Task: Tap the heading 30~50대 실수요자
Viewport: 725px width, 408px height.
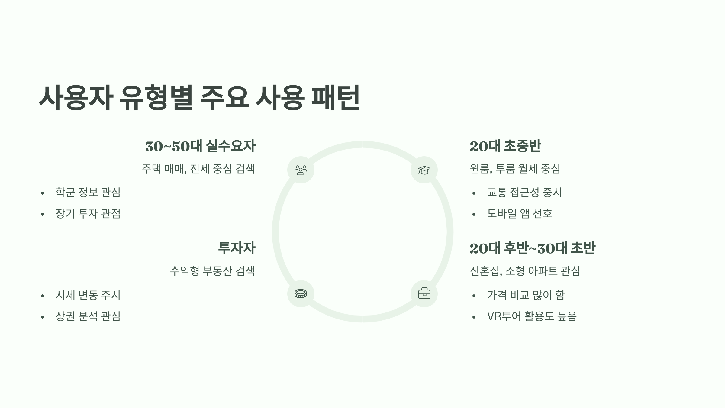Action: click(200, 146)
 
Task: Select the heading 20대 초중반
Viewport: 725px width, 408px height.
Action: click(505, 146)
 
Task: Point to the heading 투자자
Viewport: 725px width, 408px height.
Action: click(237, 248)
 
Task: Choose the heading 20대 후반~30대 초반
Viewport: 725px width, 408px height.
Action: click(532, 248)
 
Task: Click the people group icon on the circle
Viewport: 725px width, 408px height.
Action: click(301, 170)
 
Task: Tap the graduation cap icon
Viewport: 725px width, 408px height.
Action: click(424, 170)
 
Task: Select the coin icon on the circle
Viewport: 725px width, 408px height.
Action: click(301, 293)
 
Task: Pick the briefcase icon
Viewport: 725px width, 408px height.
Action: click(424, 293)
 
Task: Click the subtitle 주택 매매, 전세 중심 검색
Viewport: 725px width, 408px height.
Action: click(198, 169)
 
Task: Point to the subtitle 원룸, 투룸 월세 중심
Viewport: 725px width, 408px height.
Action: click(515, 169)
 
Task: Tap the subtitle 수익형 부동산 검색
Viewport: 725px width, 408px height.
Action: click(212, 271)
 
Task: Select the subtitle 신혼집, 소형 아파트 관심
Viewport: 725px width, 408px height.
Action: click(525, 271)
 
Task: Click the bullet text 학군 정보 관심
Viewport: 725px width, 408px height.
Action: click(88, 193)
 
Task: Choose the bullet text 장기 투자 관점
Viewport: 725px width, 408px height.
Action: click(88, 214)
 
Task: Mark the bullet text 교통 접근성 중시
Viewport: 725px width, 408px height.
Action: click(524, 193)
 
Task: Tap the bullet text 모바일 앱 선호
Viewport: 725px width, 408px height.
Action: click(520, 214)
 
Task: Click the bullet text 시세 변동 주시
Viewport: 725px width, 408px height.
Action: click(88, 295)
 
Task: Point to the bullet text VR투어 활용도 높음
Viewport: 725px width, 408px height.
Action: click(532, 316)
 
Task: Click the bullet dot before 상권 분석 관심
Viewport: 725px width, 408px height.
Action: click(43, 317)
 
